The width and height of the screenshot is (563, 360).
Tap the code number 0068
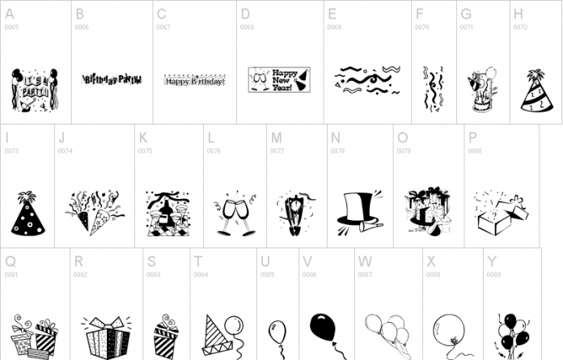coord(247,28)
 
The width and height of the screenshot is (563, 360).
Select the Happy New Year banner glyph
coord(278,80)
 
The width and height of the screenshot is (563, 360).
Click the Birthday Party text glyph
coord(112,80)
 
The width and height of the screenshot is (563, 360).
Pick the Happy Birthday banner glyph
coord(195,80)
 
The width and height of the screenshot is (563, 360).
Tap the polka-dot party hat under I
coord(28,214)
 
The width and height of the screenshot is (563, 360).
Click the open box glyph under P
coord(500,214)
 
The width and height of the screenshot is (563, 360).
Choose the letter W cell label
coord(365,262)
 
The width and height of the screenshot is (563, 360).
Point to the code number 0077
coord(277,151)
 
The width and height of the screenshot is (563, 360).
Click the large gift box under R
coord(105,337)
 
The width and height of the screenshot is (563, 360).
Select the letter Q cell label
coord(10,262)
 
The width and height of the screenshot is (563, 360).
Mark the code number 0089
coord(493,275)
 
